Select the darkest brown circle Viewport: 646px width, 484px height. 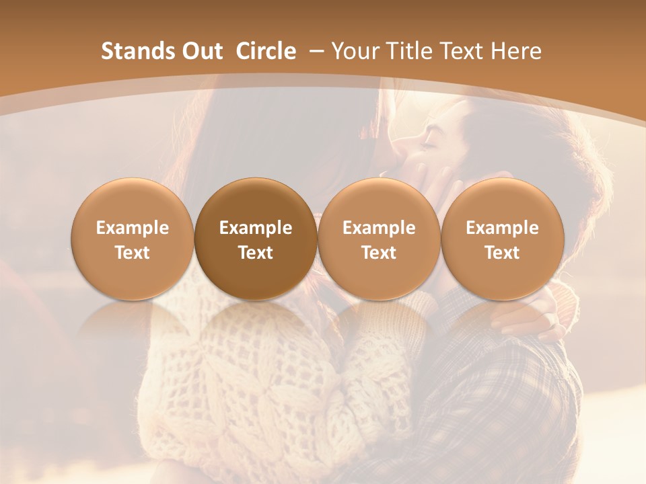coord(256,239)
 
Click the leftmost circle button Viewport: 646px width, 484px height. coord(133,239)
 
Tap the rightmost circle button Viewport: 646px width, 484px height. coord(503,239)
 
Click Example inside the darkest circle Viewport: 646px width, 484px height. coord(256,228)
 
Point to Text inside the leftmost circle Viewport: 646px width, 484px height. coord(133,253)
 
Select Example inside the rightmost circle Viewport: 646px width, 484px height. coord(503,228)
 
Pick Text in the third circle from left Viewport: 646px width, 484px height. coord(379,253)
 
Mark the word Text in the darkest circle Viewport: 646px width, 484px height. coord(256,253)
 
